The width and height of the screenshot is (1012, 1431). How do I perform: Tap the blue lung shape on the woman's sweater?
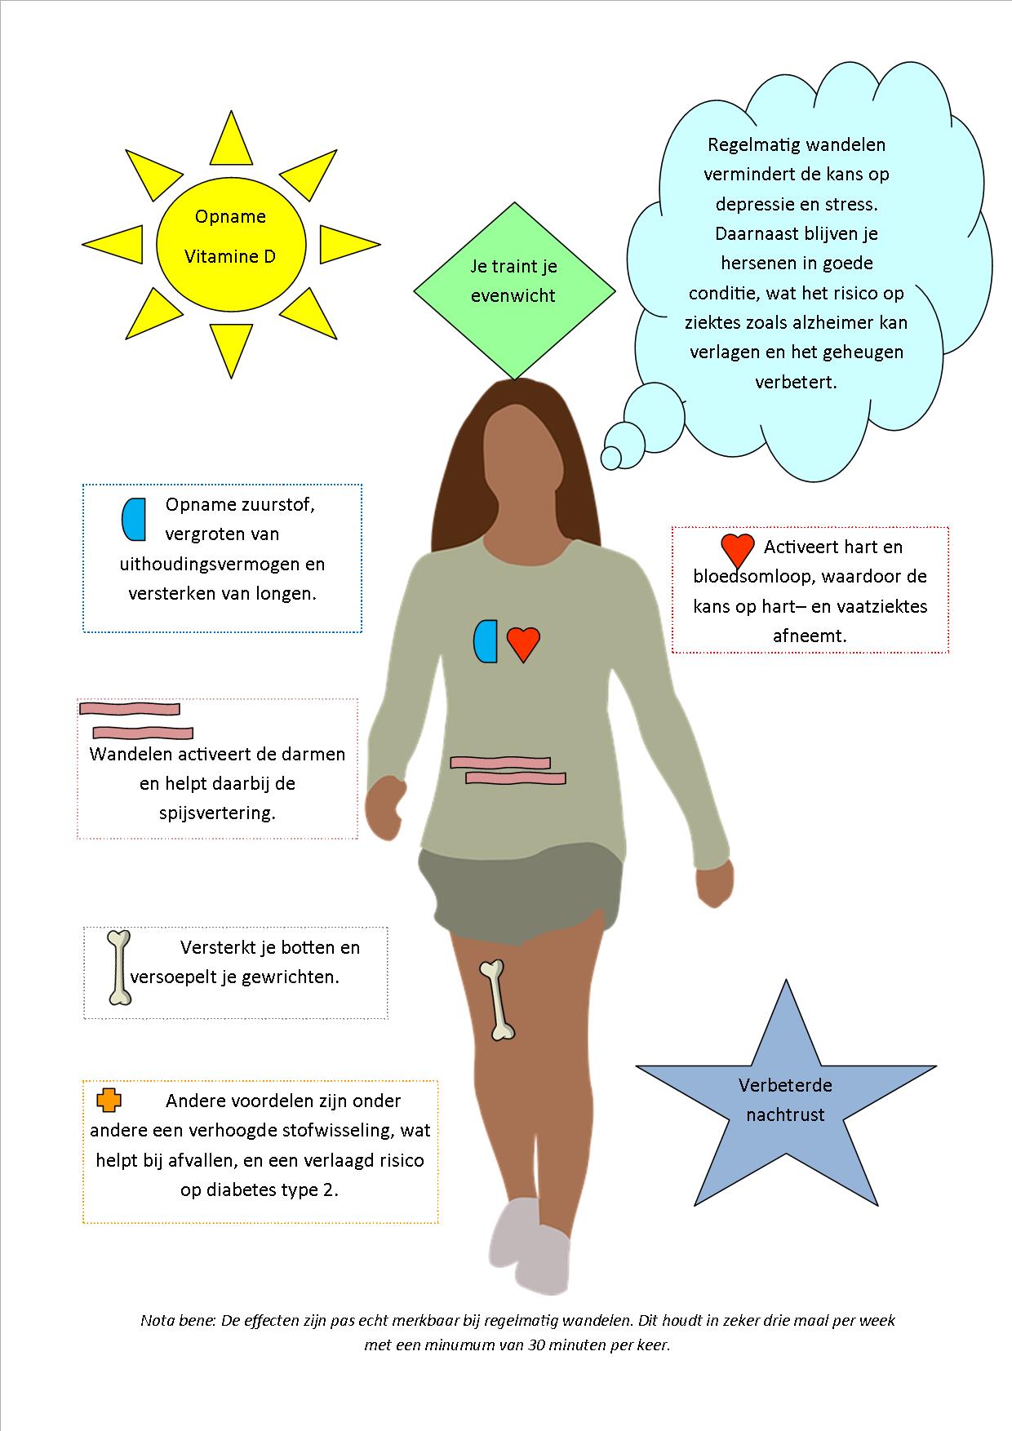pos(486,640)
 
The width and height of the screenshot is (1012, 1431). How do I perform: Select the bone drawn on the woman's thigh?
pos(497,1000)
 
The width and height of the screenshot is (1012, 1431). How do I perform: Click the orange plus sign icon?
pos(109,1100)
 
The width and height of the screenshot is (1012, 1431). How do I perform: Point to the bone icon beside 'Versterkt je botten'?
pos(120,967)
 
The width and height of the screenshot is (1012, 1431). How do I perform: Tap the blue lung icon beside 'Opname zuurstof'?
pos(134,520)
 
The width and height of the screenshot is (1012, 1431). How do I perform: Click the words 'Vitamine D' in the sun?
pos(230,256)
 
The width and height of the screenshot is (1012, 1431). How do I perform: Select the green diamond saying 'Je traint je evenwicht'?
pos(514,291)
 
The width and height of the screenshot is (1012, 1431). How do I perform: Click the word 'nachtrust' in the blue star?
pos(785,1114)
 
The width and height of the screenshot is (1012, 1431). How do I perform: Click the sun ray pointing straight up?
pos(231,137)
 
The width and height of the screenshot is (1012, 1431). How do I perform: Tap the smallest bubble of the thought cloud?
pos(612,459)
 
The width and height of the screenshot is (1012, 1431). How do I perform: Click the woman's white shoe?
pos(528,1246)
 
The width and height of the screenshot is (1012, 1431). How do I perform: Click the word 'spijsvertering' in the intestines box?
pos(217,813)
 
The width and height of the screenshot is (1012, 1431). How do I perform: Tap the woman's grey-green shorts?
pos(520,889)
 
